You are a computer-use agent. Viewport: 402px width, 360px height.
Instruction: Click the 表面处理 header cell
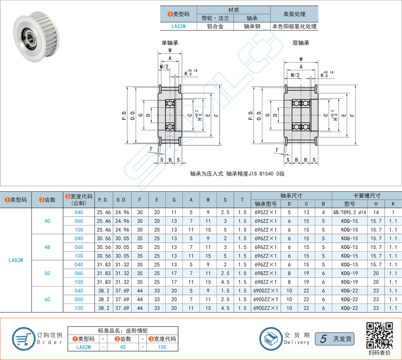pyautogui.click(x=294, y=14)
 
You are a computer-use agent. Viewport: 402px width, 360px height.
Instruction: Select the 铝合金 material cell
pyautogui.click(x=215, y=27)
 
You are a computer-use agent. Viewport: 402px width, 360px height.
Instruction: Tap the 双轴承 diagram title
pyautogui.click(x=300, y=43)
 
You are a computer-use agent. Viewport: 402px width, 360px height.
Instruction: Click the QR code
pyautogui.click(x=379, y=334)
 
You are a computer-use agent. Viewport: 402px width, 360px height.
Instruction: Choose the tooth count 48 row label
pyautogui.click(x=47, y=247)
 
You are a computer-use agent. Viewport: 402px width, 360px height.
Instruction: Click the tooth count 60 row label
pyautogui.click(x=47, y=299)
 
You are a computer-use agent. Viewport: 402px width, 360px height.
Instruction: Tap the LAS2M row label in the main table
pyautogui.click(x=15, y=260)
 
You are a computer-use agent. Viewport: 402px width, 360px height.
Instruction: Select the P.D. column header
pyautogui.click(x=103, y=200)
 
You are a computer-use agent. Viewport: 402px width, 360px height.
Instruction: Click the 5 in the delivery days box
pyautogui.click(x=323, y=339)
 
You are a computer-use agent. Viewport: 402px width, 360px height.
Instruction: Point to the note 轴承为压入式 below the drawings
pyautogui.click(x=237, y=174)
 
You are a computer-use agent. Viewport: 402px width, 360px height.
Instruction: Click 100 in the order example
pyautogui.click(x=162, y=347)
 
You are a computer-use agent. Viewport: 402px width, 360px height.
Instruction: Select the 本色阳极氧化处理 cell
pyautogui.click(x=294, y=27)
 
